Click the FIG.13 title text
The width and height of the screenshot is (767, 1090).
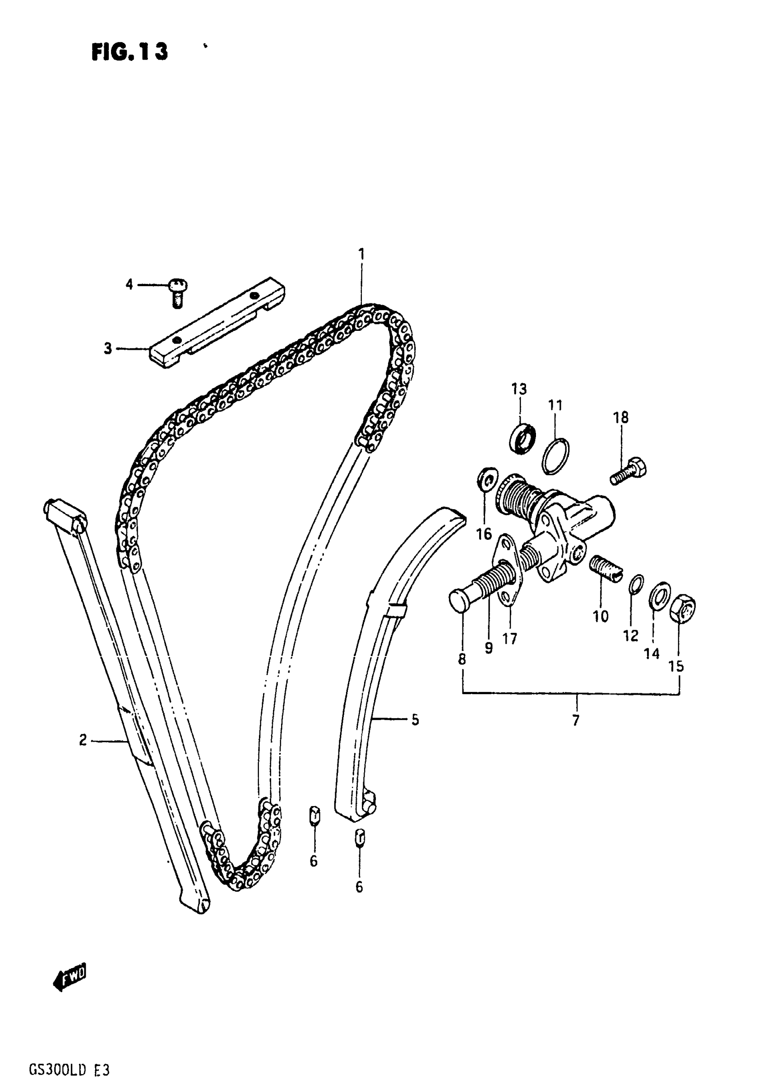coord(129,52)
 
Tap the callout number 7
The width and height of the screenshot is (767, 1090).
coord(576,721)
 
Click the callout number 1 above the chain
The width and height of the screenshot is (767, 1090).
coord(362,255)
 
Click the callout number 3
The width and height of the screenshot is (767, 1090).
coord(108,349)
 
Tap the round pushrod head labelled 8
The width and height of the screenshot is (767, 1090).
coord(461,599)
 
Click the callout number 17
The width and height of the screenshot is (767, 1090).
coord(510,639)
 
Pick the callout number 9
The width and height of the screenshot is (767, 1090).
coord(489,648)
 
